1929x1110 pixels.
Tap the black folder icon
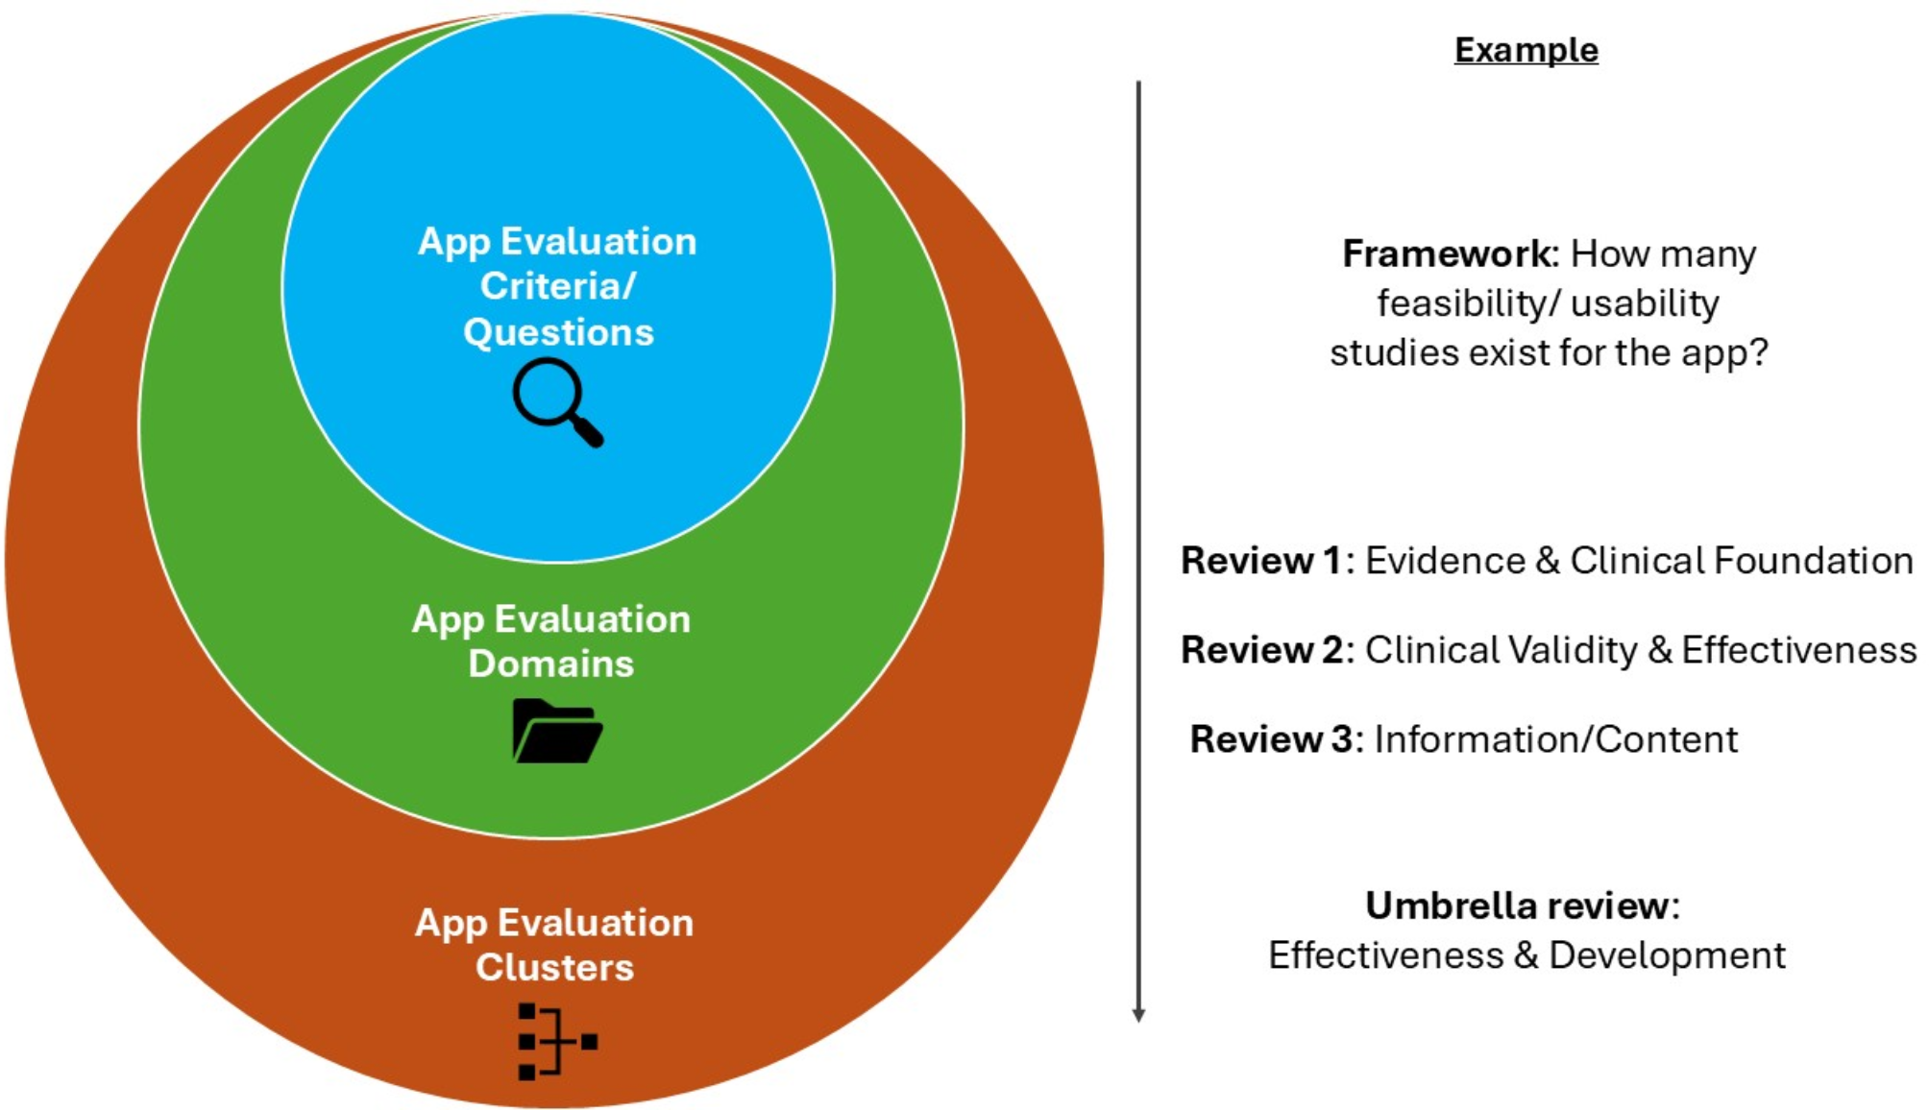pyautogui.click(x=557, y=731)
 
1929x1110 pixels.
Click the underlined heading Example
pyautogui.click(x=1526, y=50)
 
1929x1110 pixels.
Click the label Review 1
pyautogui.click(x=1260, y=561)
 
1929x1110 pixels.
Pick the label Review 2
pyautogui.click(x=1261, y=650)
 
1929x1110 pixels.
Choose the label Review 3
pyautogui.click(x=1270, y=739)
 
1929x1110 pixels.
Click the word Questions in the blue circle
pyautogui.click(x=558, y=332)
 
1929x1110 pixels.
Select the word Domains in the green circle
pyautogui.click(x=550, y=664)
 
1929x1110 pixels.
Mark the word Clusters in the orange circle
pyautogui.click(x=554, y=968)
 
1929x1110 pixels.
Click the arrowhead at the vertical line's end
pyautogui.click(x=1138, y=1015)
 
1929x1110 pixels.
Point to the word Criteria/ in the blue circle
pyautogui.click(x=558, y=286)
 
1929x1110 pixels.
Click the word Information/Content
pyautogui.click(x=1555, y=739)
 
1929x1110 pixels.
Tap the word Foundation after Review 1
pyautogui.click(x=1813, y=561)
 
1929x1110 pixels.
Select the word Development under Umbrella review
pyautogui.click(x=1667, y=955)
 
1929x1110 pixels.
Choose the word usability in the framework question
pyautogui.click(x=1645, y=303)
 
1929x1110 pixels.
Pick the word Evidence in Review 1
pyautogui.click(x=1445, y=561)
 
